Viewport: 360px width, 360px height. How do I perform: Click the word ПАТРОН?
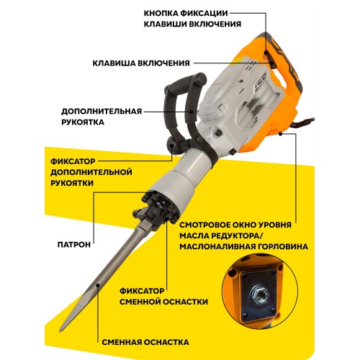pos(74,245)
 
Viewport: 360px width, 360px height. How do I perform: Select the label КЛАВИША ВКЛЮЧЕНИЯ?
pos(141,63)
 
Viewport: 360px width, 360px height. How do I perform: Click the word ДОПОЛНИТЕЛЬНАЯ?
pos(102,112)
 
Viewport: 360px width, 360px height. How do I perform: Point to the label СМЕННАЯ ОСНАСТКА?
pos(145,342)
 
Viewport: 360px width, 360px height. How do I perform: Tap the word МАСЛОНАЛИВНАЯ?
pos(220,246)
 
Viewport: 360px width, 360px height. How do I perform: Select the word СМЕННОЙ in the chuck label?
pos(141,302)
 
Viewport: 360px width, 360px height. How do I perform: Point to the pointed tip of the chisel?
pos(60,331)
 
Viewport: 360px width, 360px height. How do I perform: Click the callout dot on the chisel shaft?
pos(98,285)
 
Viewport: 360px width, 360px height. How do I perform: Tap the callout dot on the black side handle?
pos(192,112)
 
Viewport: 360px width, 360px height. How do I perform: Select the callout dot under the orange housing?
pos(280,134)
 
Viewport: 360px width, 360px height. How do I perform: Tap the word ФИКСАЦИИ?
pos(204,13)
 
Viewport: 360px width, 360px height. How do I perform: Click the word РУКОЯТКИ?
pos(72,183)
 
